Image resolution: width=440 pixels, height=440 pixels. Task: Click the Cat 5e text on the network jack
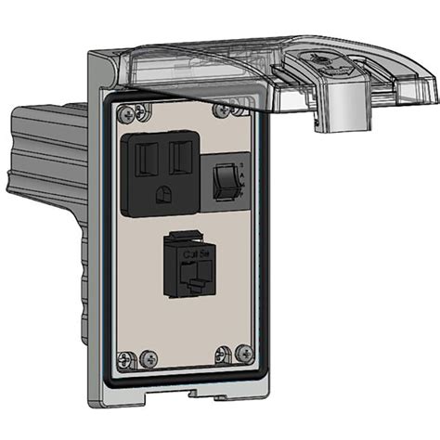(x=195, y=252)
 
